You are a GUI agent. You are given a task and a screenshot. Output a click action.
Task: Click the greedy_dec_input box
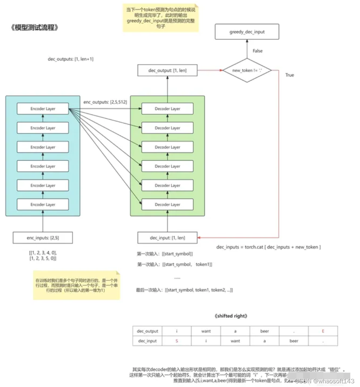247,32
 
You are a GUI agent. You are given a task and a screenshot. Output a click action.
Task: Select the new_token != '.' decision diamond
247,70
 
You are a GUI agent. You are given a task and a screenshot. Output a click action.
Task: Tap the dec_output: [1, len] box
167,70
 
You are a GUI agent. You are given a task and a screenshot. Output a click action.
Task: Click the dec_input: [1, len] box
167,238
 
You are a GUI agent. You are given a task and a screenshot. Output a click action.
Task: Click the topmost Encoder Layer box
43,109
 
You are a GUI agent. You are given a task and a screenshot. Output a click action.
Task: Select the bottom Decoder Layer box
167,205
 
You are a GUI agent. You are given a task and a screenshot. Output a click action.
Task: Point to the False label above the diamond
258,51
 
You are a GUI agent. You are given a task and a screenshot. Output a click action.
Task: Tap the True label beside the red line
290,75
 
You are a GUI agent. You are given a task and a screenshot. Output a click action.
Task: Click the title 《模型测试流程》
35,28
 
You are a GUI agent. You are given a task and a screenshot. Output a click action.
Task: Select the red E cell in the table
323,331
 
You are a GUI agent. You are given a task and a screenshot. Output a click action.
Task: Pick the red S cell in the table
177,341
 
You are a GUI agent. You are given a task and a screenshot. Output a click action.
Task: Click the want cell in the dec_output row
206,331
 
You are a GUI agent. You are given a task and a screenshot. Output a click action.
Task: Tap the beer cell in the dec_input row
294,341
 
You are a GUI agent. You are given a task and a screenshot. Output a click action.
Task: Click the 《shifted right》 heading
231,316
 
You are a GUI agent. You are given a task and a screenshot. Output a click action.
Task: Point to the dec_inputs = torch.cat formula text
268,247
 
